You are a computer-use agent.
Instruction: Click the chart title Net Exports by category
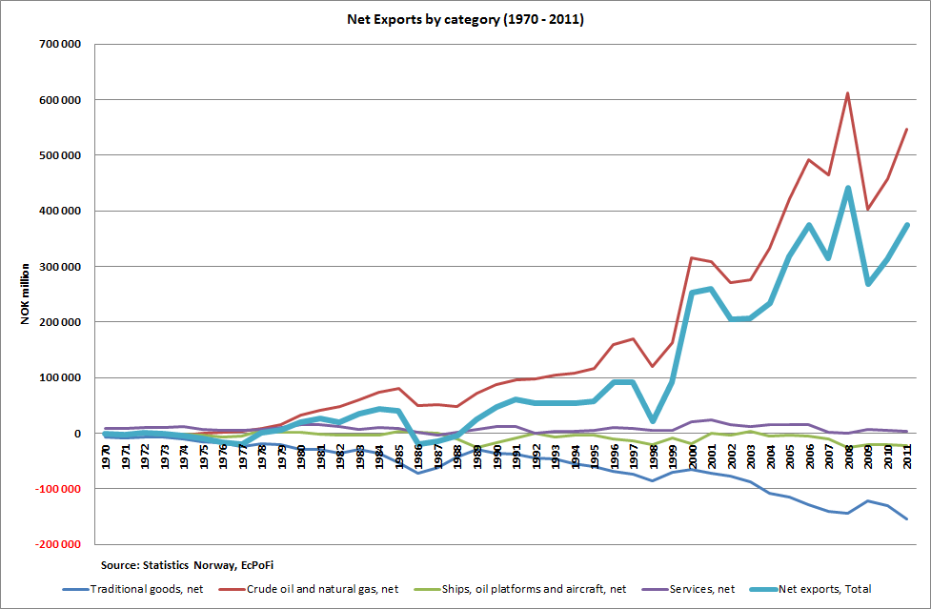pos(466,19)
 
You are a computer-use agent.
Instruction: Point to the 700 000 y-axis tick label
pos(58,45)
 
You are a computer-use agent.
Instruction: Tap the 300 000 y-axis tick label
pos(58,267)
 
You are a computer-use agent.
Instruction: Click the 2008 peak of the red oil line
pos(847,93)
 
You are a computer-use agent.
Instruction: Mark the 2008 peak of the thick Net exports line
pos(847,189)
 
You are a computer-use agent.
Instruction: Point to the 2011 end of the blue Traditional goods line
pos(905,518)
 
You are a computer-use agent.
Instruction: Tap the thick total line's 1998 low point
pos(653,420)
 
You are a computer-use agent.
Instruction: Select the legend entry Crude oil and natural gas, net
pos(314,589)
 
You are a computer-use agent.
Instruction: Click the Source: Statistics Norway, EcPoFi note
pos(167,565)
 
